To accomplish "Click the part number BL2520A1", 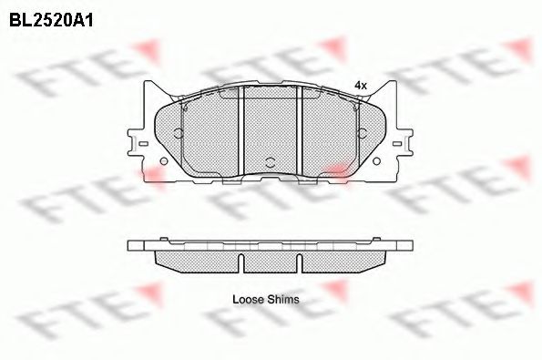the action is pos(51,20).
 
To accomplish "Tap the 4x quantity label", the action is pos(361,86).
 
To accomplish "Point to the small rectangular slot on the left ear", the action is pos(143,143).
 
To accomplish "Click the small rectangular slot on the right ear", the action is pos(397,143).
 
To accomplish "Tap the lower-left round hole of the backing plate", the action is pos(164,161).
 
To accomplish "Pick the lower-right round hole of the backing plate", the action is pos(377,161).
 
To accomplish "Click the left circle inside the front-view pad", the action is pos(179,133).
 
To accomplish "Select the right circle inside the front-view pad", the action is pos(363,133).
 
